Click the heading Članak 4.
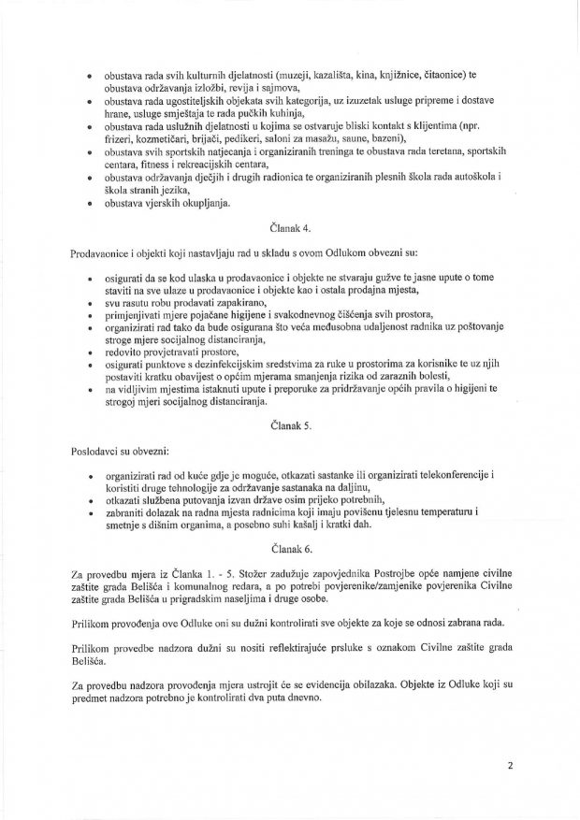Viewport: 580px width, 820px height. tap(288, 227)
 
